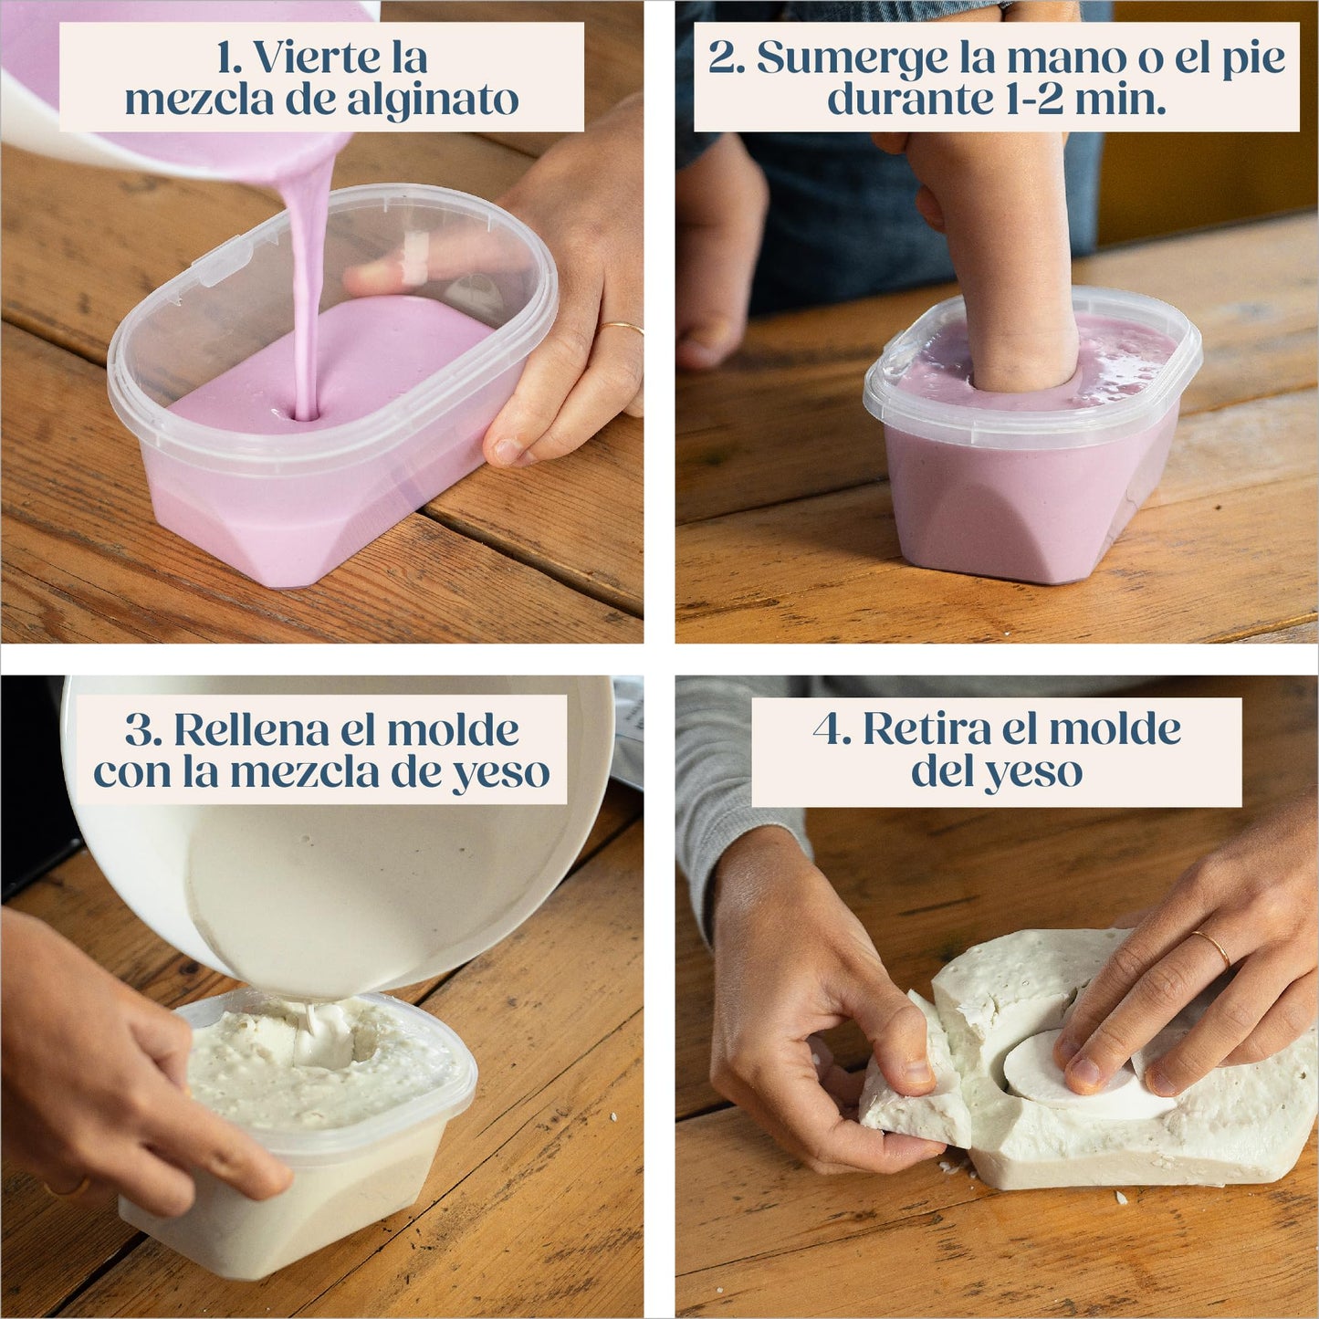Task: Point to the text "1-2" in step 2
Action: (x=1031, y=99)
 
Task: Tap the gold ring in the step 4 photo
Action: (x=1213, y=948)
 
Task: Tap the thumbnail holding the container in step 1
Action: (x=506, y=450)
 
